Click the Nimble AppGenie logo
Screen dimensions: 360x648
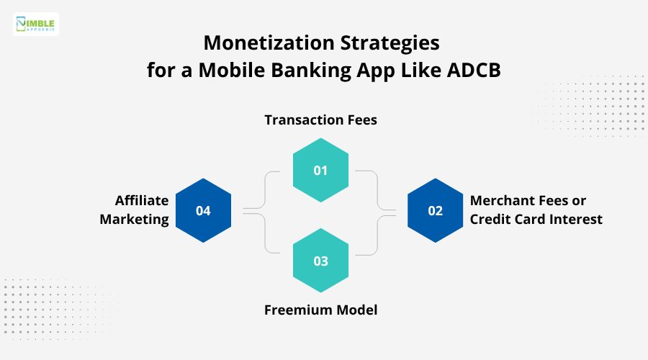point(36,24)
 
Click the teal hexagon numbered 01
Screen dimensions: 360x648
point(320,171)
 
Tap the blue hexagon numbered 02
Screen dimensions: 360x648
point(436,210)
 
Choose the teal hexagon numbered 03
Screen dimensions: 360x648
point(320,261)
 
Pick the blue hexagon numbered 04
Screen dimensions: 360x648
point(203,210)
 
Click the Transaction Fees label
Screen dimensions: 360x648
point(320,120)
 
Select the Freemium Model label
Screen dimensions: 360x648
point(320,310)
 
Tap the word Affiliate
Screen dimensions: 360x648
point(142,200)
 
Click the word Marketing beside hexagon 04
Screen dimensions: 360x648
point(134,220)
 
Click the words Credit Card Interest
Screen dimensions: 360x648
point(536,220)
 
